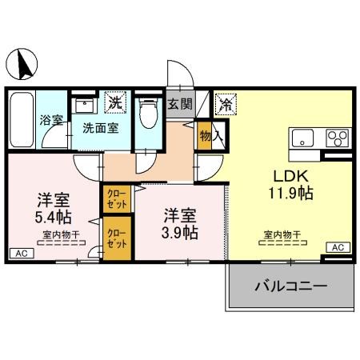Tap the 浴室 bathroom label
pyautogui.click(x=50, y=122)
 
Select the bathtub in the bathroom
pyautogui.click(x=22, y=118)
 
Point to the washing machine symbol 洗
pyautogui.click(x=116, y=102)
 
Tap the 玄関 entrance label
pyautogui.click(x=180, y=103)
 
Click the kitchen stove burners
pyautogui.click(x=337, y=135)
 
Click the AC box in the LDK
pyautogui.click(x=337, y=247)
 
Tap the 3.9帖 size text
pyautogui.click(x=181, y=232)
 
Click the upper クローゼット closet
pyautogui.click(x=116, y=198)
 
